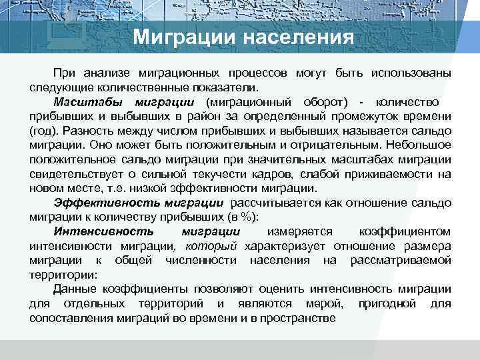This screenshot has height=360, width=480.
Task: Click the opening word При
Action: pyautogui.click(x=65, y=72)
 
